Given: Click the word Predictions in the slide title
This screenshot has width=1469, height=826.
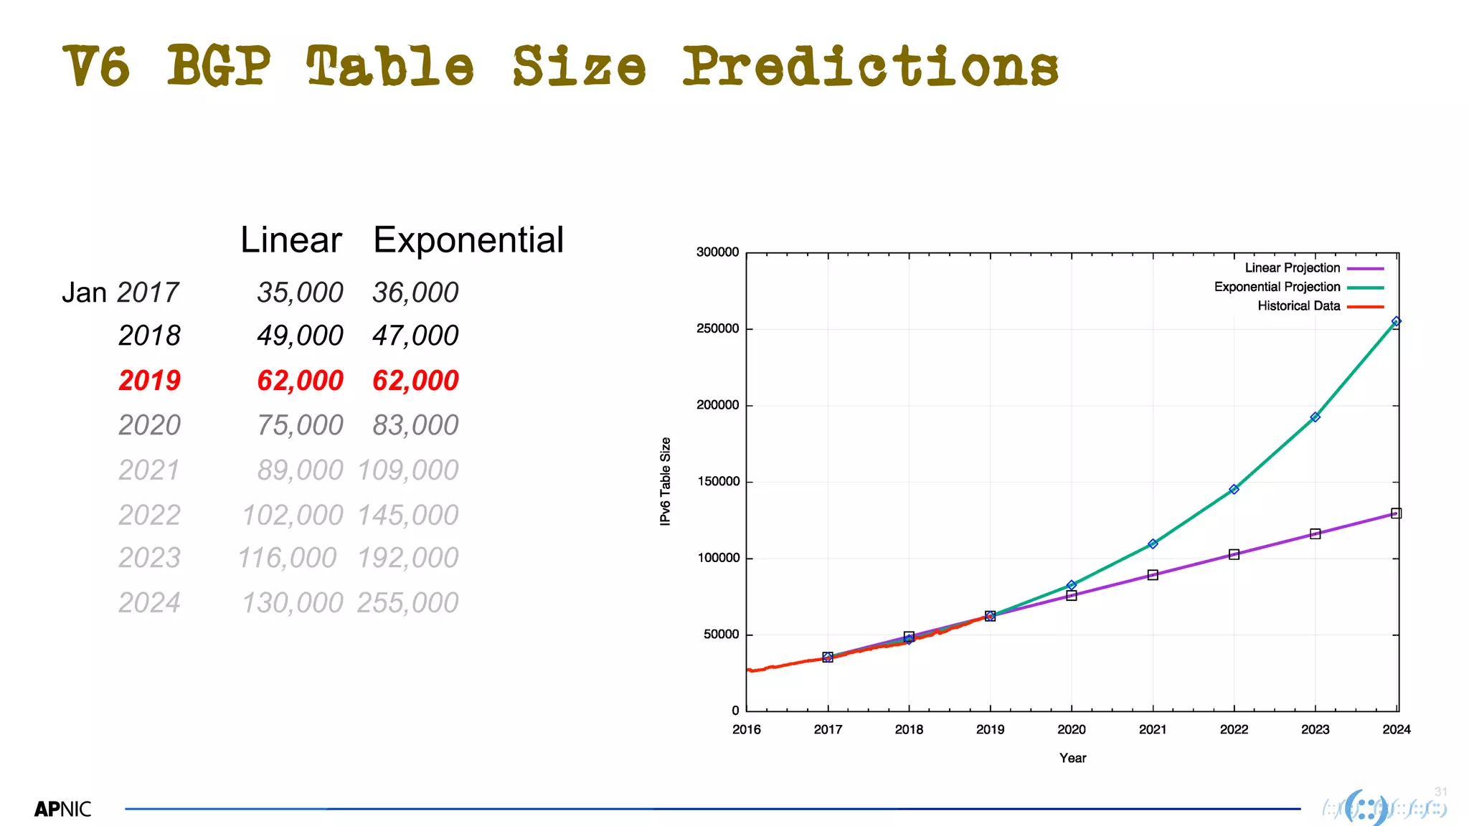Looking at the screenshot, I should pos(869,66).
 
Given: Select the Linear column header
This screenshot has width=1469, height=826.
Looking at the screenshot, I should pos(291,239).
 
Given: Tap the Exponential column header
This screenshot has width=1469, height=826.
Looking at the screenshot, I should pos(468,239).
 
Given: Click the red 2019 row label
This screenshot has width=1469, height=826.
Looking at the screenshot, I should pos(149,380).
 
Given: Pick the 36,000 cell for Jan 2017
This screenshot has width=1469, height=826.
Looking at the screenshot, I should pos(415,293).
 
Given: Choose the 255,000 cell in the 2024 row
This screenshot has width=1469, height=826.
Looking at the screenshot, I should pos(407,603).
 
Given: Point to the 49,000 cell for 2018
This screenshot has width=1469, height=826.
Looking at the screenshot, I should pos(300,336).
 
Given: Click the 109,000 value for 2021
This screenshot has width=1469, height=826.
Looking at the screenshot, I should pos(407,470).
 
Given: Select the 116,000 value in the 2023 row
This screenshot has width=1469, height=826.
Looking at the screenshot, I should pos(287,558).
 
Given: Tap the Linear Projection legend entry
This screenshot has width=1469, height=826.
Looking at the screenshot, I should pos(1293,268).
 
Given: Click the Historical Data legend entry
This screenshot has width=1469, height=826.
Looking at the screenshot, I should pos(1298,306).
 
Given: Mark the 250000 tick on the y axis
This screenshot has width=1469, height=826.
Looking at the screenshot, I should pos(717,329).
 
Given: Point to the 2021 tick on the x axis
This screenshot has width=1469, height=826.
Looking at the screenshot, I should pos(1153,729).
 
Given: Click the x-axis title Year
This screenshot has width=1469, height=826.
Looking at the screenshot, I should pos(1072,758).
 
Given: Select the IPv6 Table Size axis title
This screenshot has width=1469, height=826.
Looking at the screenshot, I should pos(666,481).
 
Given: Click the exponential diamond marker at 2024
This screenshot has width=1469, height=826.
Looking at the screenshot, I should pos(1396,322).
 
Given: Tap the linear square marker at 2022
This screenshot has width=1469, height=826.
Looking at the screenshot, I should pos(1234,554).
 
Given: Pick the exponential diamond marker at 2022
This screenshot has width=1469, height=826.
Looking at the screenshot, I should pos(1234,489).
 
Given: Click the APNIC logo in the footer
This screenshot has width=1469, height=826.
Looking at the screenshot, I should pos(63,810).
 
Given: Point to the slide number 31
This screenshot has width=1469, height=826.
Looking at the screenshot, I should pos(1440,792).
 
